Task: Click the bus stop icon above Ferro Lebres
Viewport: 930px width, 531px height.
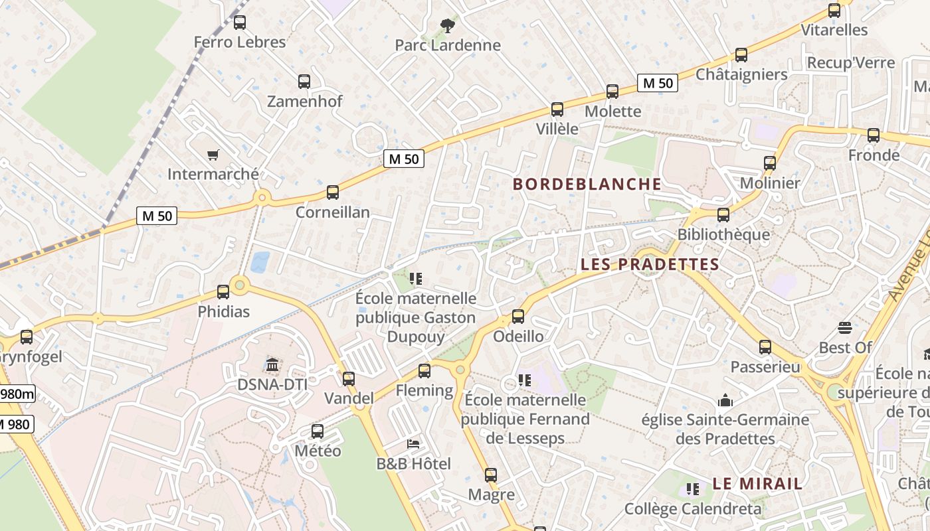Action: click(x=240, y=23)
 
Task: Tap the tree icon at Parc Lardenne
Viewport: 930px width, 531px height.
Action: click(x=448, y=26)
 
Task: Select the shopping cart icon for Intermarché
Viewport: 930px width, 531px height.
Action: click(x=213, y=155)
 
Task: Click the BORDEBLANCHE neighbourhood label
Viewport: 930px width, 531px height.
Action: click(x=587, y=184)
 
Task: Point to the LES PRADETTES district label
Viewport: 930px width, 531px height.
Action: click(x=650, y=264)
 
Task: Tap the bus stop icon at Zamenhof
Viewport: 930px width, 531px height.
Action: click(x=304, y=82)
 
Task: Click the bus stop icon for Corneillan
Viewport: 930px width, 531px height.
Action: click(x=333, y=192)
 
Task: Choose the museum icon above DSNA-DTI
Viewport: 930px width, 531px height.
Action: click(x=272, y=364)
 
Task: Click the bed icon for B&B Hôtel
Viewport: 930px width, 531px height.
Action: click(x=413, y=443)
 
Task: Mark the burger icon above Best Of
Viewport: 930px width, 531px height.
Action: click(x=845, y=327)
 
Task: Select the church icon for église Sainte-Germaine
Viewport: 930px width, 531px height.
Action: click(x=725, y=400)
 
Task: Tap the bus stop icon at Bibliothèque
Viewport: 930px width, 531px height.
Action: click(x=723, y=215)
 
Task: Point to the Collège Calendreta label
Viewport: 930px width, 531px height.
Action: click(x=693, y=509)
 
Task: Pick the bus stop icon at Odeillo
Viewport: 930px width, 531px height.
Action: click(x=518, y=317)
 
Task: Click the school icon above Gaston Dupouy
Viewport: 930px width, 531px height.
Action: click(x=416, y=278)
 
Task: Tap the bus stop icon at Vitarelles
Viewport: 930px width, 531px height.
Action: click(x=834, y=11)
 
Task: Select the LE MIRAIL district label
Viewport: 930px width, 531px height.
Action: click(x=757, y=483)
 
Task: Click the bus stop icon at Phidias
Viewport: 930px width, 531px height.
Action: click(x=223, y=291)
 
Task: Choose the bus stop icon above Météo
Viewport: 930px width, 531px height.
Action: click(x=318, y=431)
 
